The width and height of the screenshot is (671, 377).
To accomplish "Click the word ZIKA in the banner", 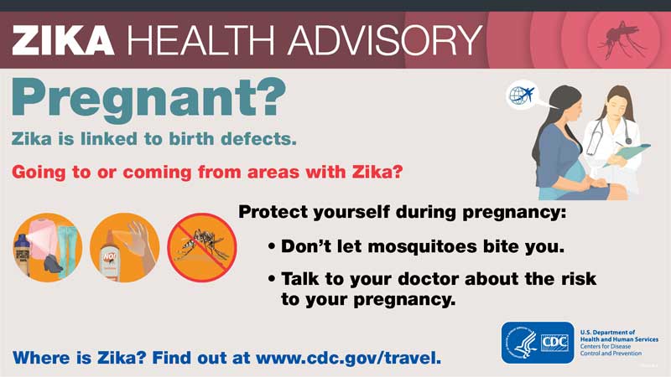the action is (x=64, y=39).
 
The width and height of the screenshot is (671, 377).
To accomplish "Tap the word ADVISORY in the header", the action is (x=386, y=39).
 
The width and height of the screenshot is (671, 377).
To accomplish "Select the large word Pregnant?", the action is (x=148, y=99).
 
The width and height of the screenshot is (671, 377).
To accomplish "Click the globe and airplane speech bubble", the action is (x=522, y=95).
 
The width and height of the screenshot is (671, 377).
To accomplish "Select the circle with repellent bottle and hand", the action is (x=124, y=247).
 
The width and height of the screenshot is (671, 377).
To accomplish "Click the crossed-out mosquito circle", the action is (x=201, y=247).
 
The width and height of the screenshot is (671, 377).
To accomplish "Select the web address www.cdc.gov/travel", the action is (x=348, y=358).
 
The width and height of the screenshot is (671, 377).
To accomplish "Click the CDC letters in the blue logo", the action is (x=554, y=343).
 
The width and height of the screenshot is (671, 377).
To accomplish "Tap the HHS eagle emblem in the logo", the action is (x=522, y=343).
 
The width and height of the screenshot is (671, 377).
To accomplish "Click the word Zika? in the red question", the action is (x=377, y=172).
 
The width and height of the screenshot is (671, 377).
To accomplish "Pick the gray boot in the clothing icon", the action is (x=53, y=264).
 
